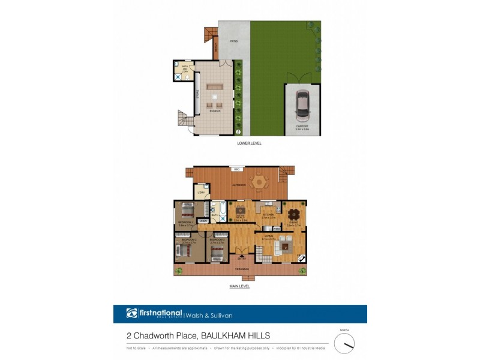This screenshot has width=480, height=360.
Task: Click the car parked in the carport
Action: (x=302, y=104)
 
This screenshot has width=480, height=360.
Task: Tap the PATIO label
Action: (x=235, y=41)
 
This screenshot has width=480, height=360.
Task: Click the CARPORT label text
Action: (x=302, y=127)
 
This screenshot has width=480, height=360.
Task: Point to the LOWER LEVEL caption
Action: (x=248, y=144)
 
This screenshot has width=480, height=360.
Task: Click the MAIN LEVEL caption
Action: (x=240, y=286)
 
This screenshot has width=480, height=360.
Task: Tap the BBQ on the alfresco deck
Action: (x=237, y=170)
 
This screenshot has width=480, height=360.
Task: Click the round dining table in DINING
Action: (x=293, y=214)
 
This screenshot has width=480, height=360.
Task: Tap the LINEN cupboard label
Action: (x=203, y=221)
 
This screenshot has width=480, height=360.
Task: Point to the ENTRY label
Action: (x=241, y=259)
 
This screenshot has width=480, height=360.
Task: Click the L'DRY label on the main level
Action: (x=199, y=193)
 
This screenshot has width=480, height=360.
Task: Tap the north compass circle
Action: (x=344, y=343)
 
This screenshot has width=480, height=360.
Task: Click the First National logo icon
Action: (x=132, y=313)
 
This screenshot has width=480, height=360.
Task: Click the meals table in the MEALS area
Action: (x=241, y=211)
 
